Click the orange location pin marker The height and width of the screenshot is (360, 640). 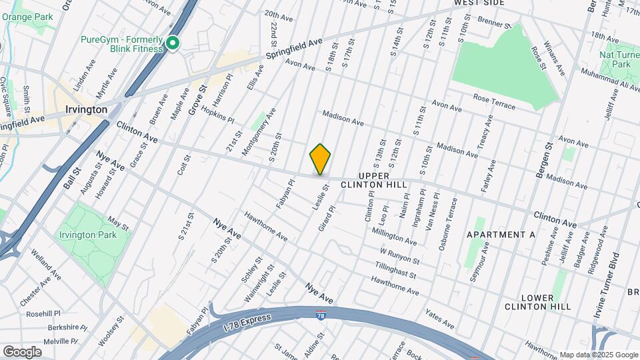[x=320, y=159]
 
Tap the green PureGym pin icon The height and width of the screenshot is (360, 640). [x=173, y=44]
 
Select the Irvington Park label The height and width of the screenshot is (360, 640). [x=88, y=235]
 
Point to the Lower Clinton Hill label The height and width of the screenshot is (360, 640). [x=537, y=302]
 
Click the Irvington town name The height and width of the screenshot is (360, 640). [x=87, y=109]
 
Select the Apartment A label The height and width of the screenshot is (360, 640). [x=501, y=235]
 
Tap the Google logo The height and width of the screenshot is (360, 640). [x=22, y=351]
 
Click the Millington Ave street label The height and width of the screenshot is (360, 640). [x=394, y=235]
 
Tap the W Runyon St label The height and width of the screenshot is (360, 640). [x=399, y=255]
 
